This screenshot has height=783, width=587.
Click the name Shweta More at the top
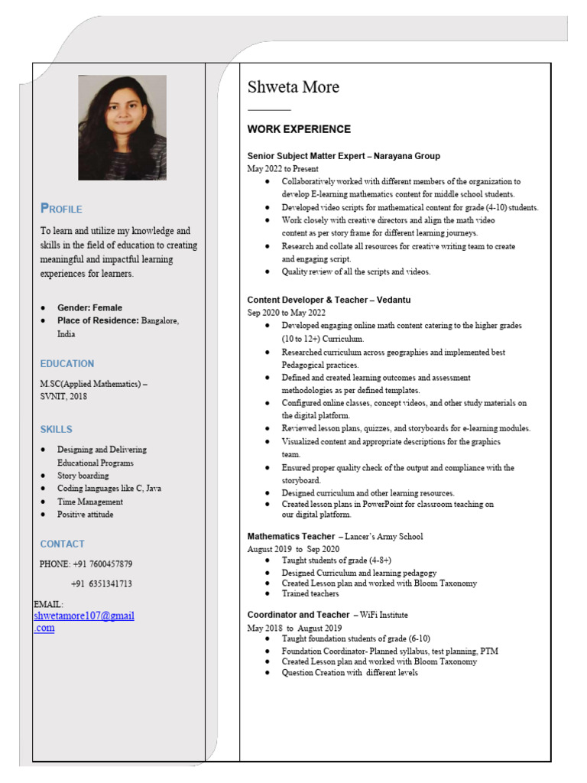point(293,87)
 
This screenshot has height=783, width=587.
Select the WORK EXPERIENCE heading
point(299,129)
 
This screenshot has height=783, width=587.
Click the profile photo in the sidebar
point(122,128)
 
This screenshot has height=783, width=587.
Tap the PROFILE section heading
point(61,209)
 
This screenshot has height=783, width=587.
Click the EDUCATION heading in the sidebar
point(67,363)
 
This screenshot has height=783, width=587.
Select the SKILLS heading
point(57,429)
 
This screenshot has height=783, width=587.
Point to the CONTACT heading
point(63,544)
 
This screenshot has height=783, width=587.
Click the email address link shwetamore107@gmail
point(84,616)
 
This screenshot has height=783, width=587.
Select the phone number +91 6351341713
point(102,583)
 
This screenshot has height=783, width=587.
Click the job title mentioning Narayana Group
point(343,156)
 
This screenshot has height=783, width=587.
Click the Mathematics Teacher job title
point(335,537)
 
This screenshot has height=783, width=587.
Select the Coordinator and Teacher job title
point(327,615)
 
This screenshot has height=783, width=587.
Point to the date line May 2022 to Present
point(283,168)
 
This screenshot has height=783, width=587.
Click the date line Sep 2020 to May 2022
point(286,313)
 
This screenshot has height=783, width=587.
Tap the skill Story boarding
point(83,476)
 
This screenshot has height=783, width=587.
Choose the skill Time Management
point(90,502)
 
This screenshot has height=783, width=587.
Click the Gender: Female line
point(89,307)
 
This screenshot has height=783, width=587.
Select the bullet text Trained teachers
point(310,593)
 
